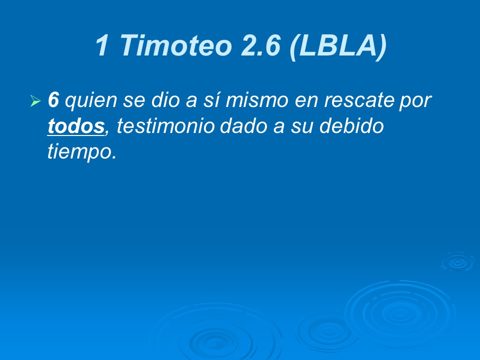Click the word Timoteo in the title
coord(176,45)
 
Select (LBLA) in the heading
coord(337,45)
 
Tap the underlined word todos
coord(75,126)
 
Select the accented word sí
coord(209,101)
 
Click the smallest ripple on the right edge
coord(456,261)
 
